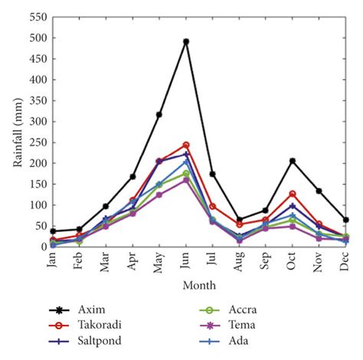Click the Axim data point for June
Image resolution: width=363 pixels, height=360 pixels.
pyautogui.click(x=186, y=41)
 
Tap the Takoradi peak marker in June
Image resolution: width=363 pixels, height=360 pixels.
pyautogui.click(x=186, y=145)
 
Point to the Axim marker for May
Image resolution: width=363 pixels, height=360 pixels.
pyautogui.click(x=159, y=115)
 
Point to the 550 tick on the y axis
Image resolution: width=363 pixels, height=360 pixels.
pyautogui.click(x=38, y=17)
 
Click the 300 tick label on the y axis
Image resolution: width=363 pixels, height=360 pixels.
pyautogui.click(x=38, y=121)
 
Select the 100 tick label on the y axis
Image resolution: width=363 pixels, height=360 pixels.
pyautogui.click(x=38, y=205)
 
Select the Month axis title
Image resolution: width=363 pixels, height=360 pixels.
pyautogui.click(x=199, y=285)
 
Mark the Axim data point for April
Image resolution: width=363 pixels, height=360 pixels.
pyautogui.click(x=132, y=177)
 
